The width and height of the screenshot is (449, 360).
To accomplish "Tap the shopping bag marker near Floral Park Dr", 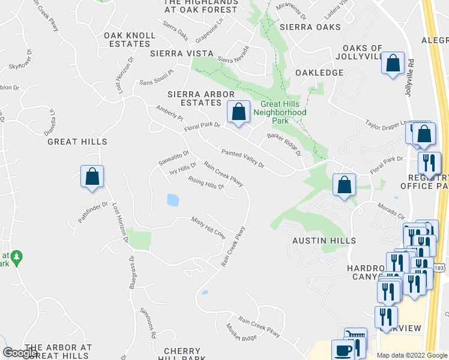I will tap(238, 112).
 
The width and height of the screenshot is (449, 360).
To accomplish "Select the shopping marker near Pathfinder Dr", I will tap(92, 177).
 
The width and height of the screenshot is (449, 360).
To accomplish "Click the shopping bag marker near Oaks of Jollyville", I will tap(393, 63).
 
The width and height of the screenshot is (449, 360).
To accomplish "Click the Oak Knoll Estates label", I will tap(130, 40).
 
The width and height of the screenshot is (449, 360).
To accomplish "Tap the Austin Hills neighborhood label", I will tap(324, 241).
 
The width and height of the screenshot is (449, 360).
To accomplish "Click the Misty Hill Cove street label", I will tap(208, 228).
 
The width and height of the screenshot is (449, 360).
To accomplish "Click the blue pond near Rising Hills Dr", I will tap(173, 200).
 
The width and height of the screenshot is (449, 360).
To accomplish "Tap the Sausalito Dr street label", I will tap(173, 158).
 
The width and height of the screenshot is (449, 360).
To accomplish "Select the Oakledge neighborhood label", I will tap(319, 73).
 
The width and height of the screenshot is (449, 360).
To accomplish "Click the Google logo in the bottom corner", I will tap(20, 353).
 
